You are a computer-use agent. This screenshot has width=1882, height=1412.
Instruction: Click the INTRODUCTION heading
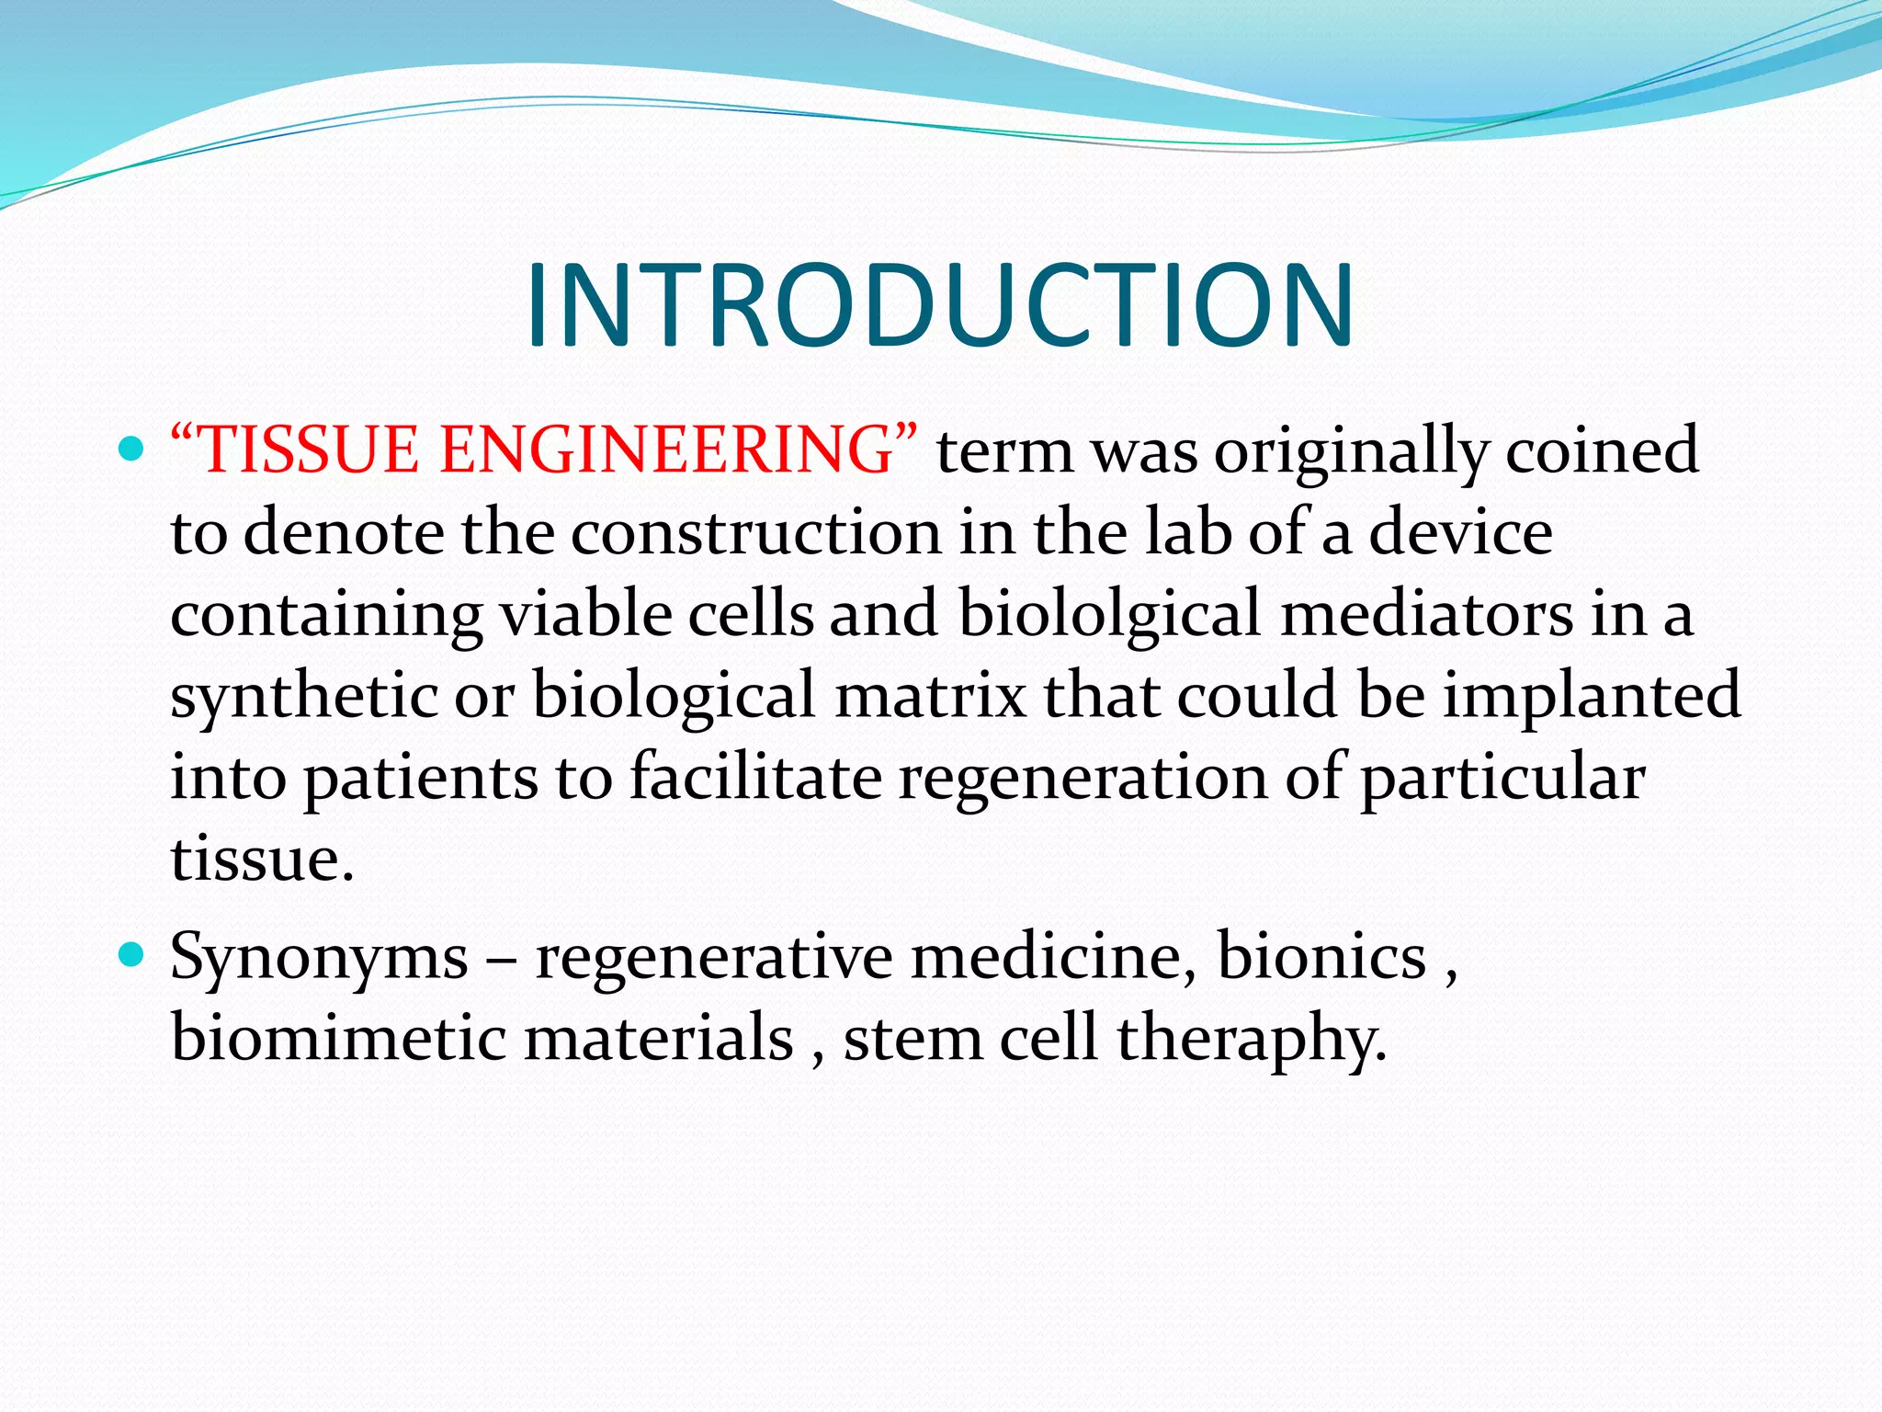click(939, 306)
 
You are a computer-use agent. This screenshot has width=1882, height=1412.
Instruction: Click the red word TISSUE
click(308, 451)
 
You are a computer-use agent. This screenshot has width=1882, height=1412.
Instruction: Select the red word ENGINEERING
click(666, 451)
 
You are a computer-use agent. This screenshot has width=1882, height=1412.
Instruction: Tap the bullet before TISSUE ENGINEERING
click(132, 450)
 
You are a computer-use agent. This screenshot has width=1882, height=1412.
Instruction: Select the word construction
click(755, 534)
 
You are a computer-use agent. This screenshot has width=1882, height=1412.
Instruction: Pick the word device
click(1461, 534)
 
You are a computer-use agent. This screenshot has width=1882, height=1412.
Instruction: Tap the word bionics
click(1321, 957)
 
